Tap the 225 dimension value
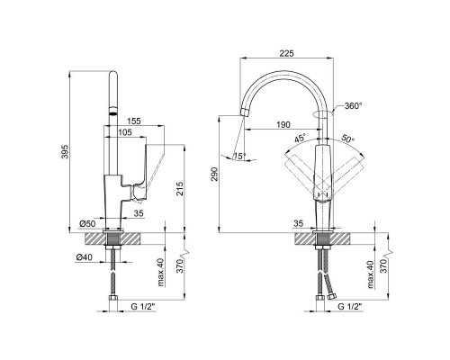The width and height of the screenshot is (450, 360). click(x=287, y=53)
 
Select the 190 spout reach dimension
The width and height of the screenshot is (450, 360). click(x=283, y=124)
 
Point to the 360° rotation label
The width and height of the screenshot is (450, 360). click(x=354, y=106)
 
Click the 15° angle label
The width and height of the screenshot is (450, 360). click(x=239, y=156)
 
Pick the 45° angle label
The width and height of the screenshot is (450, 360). click(x=300, y=139)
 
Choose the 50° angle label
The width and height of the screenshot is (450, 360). click(x=348, y=139)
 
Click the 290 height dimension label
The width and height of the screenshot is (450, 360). click(x=215, y=174)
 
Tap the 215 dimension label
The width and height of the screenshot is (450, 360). click(x=180, y=189)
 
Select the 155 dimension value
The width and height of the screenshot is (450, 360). click(x=133, y=121)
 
